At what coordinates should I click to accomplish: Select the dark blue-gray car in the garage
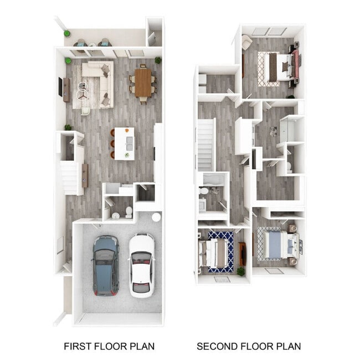pyautogui.click(x=105, y=265)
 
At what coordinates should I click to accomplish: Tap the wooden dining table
pyautogui.click(x=143, y=83)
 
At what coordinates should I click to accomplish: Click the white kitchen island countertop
pyautogui.click(x=125, y=143)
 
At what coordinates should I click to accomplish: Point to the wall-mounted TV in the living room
pyautogui.click(x=60, y=86)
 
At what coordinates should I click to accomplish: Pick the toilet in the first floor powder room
pyautogui.click(x=128, y=211)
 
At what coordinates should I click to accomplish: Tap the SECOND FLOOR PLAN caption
pyautogui.click(x=249, y=346)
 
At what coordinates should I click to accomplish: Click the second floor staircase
pyautogui.click(x=205, y=144)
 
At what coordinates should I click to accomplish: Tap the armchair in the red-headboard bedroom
pyautogui.click(x=246, y=41)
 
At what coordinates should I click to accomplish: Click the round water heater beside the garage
pyautogui.click(x=156, y=217)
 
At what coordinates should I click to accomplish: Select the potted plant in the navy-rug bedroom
pyautogui.click(x=240, y=271)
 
